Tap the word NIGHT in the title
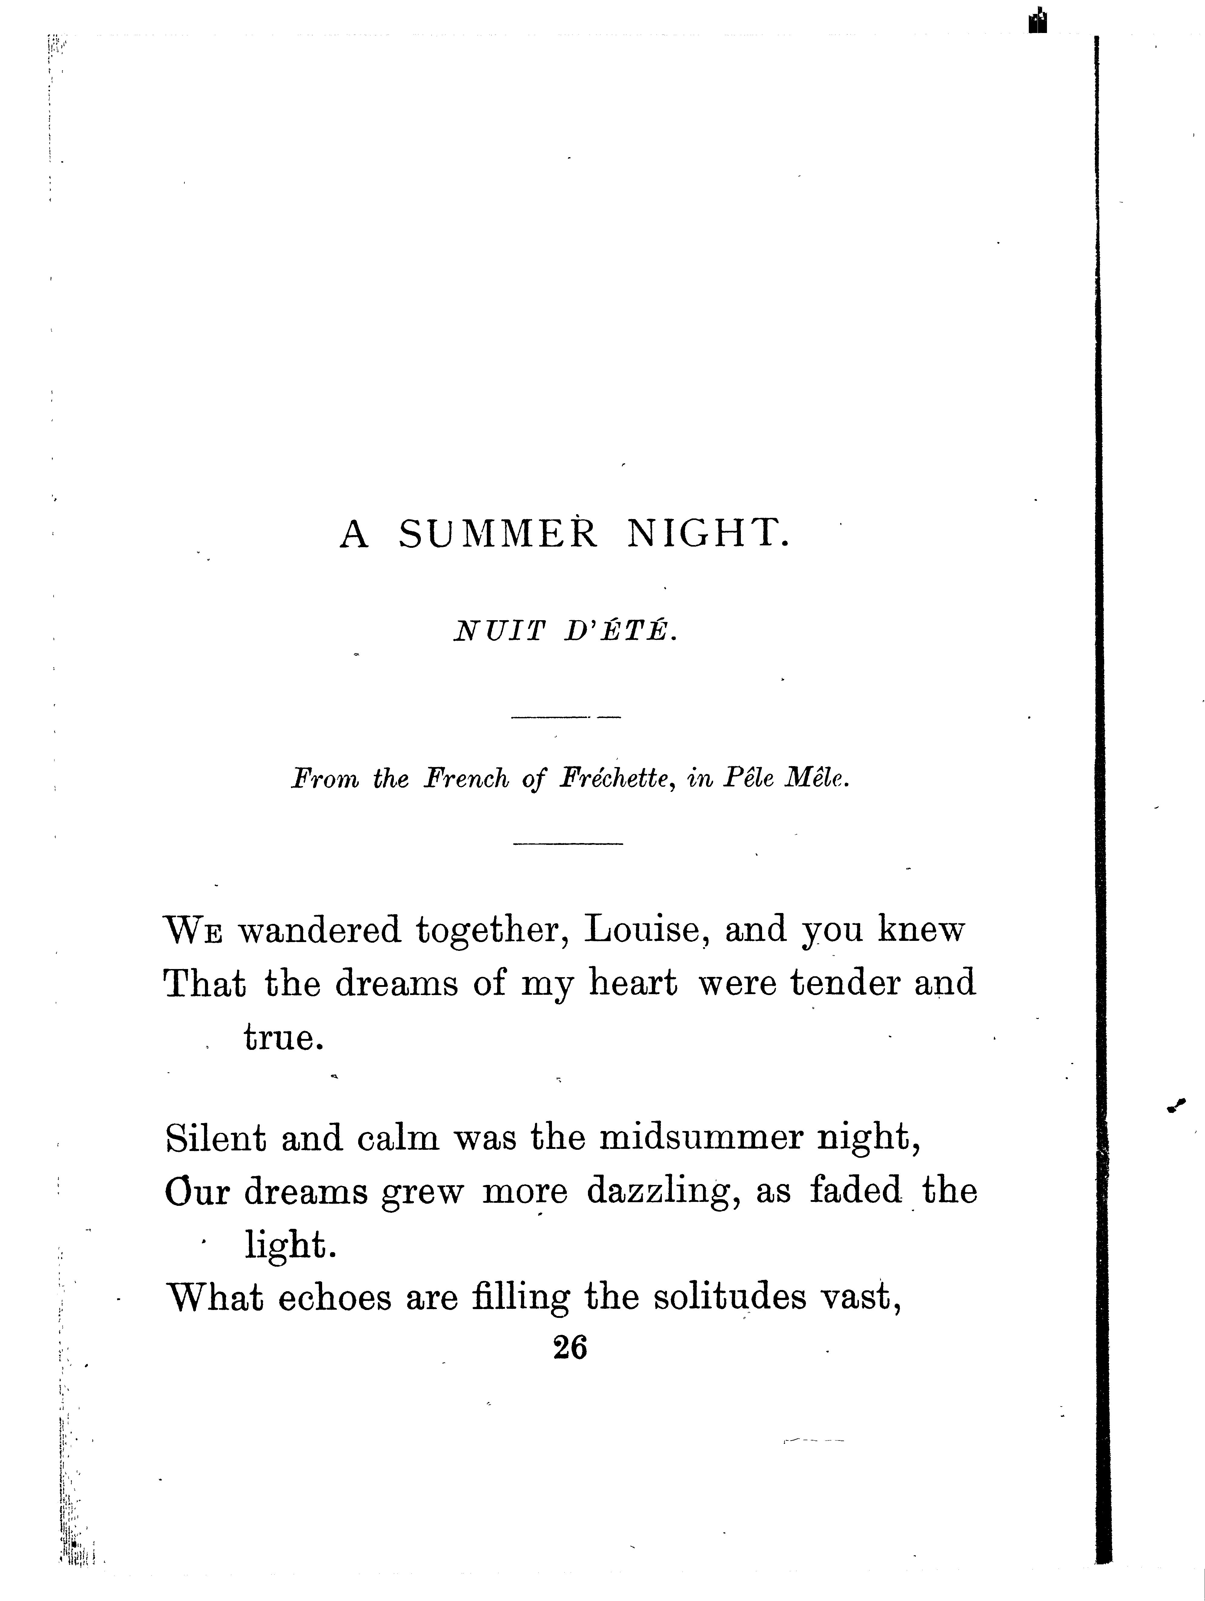tap(706, 535)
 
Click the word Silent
tap(216, 1139)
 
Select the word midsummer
tap(701, 1139)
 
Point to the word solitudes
tap(730, 1298)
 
